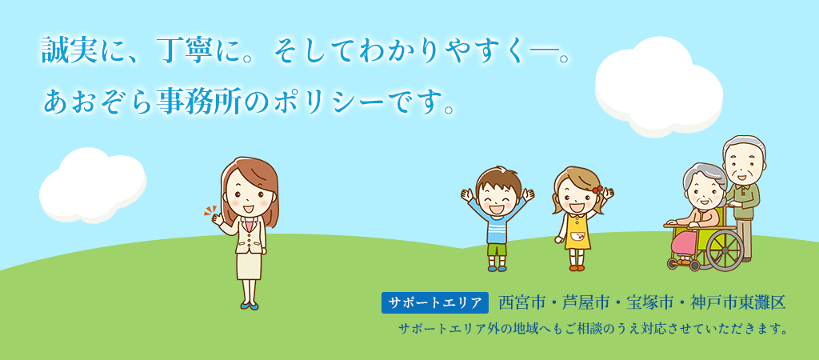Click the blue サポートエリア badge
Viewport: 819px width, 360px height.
point(435,303)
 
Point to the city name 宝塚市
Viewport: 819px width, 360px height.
point(652,303)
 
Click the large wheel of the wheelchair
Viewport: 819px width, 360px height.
point(725,249)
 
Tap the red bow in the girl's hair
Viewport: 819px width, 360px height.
point(596,190)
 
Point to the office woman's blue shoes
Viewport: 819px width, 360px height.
point(250,305)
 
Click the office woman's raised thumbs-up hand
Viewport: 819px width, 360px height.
point(216,218)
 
